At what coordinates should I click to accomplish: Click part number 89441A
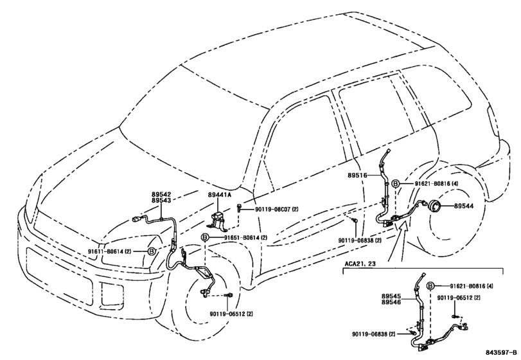(219, 195)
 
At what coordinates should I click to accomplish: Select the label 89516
(357, 175)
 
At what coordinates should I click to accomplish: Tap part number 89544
(464, 206)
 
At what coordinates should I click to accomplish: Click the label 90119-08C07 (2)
(277, 210)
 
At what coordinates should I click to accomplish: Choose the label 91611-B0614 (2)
(110, 251)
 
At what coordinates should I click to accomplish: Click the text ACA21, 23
(360, 264)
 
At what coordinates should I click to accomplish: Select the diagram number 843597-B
(502, 352)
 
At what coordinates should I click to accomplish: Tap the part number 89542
(161, 194)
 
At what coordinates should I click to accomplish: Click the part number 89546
(391, 302)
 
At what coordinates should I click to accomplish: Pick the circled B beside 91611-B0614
(152, 251)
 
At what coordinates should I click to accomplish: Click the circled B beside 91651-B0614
(205, 237)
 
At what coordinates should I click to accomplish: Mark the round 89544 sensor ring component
(433, 206)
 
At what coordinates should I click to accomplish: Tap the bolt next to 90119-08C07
(239, 208)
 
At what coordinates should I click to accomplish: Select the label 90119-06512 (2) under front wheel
(231, 314)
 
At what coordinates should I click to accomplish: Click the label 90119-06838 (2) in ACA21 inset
(374, 334)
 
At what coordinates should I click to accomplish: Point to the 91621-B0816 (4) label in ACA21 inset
(472, 286)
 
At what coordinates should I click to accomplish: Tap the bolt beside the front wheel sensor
(229, 295)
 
